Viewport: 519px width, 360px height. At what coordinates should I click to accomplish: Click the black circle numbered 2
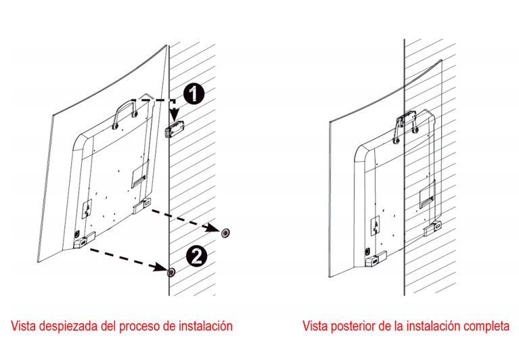point(195,254)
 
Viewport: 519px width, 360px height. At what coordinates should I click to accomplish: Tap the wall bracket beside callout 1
point(175,129)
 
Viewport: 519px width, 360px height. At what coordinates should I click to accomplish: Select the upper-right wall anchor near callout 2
point(225,232)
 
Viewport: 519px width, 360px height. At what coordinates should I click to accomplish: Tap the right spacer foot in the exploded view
point(143,204)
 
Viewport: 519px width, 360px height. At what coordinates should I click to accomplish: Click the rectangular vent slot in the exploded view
point(138,175)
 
